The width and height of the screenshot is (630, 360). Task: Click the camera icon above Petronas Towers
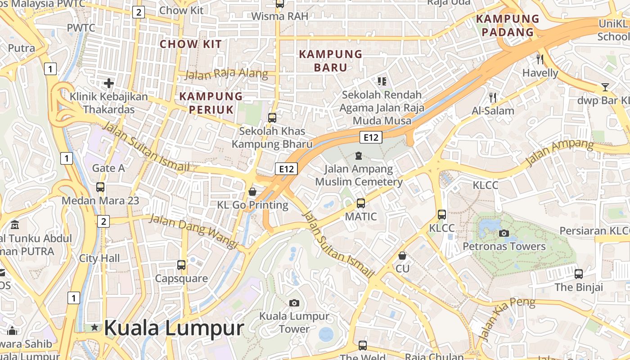pos(504,233)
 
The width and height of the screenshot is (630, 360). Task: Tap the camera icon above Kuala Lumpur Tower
pos(294,303)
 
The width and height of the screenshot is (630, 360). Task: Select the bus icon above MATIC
pos(361,203)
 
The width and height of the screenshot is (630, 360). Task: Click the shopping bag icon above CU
pos(402,256)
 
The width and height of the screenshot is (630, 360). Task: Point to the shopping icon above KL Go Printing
pos(252,192)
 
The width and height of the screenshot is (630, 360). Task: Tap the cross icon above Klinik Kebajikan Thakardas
pos(108,83)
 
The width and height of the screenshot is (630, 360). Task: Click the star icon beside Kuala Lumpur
pos(94,328)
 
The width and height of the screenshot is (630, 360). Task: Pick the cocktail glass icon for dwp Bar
pos(605,87)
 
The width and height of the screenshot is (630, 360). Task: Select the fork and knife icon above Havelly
pos(540,59)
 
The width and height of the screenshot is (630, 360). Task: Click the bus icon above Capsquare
pos(181,265)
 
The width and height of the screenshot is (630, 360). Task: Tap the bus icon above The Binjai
pos(579,274)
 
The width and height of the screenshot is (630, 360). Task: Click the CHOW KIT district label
pos(191,44)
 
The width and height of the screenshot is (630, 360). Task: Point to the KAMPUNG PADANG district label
pos(508,26)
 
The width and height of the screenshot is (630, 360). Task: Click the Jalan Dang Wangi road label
pos(193,230)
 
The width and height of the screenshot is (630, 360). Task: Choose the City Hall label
pos(99,258)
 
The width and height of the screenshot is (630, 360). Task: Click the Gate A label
pos(108,168)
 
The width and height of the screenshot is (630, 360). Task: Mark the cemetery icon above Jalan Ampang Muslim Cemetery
pos(358,156)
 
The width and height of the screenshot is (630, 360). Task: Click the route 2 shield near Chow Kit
pos(139,13)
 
